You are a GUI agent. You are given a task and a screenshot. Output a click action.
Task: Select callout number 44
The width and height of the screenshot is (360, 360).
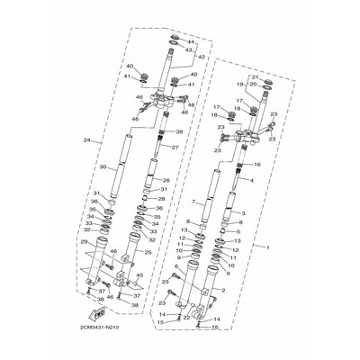(x=191, y=42)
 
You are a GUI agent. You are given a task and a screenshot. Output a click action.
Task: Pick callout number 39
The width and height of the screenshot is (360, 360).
(x=178, y=132)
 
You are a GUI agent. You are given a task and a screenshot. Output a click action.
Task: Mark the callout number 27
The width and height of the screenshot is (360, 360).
(x=175, y=148)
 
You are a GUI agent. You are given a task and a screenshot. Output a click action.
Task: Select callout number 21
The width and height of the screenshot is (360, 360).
(x=255, y=77)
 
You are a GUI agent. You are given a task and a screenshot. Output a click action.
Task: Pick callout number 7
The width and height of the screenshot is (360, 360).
(x=193, y=202)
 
